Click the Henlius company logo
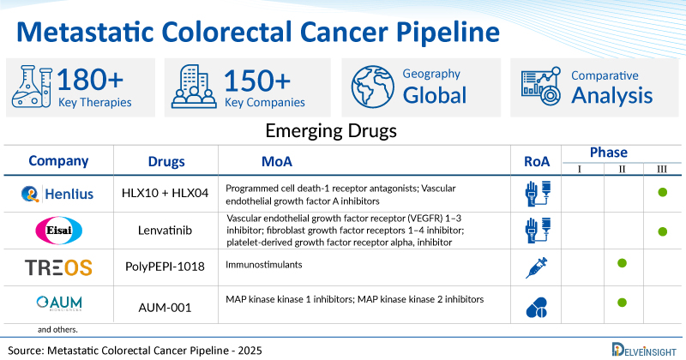tap(58, 196)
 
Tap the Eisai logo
tap(58, 231)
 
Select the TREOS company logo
tap(58, 267)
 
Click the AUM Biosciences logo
tap(58, 302)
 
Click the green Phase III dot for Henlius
tap(662, 195)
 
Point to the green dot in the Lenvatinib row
tap(662, 231)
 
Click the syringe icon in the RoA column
tap(537, 267)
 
